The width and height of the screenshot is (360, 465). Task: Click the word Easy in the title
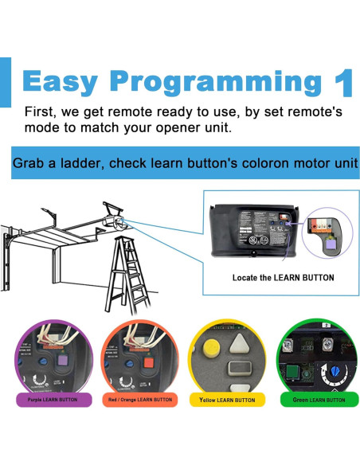[63, 82]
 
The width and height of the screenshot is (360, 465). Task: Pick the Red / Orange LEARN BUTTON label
[140, 400]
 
